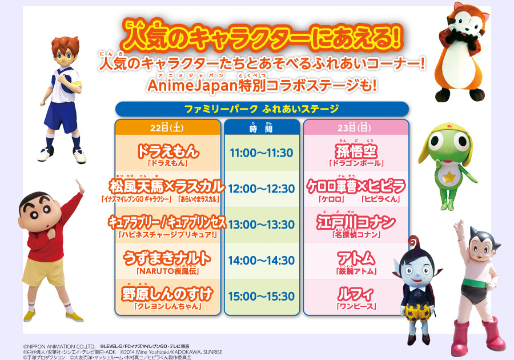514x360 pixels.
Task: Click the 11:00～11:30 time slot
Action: [x=261, y=153]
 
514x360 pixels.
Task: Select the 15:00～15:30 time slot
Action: [x=261, y=297]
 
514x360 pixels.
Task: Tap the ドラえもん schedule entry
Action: [x=168, y=155]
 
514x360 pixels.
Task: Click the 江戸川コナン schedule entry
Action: [x=356, y=225]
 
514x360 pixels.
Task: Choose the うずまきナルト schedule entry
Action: [x=167, y=262]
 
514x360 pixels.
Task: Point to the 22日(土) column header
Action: [x=167, y=127]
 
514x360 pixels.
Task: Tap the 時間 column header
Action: [x=261, y=127]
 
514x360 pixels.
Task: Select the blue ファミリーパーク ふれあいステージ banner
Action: [x=262, y=109]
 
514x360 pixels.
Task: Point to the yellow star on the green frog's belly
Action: [x=450, y=177]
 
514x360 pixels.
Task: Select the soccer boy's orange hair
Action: [x=66, y=45]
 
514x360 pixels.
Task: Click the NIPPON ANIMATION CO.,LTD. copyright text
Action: [x=59, y=346]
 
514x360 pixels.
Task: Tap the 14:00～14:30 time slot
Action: [x=261, y=261]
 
